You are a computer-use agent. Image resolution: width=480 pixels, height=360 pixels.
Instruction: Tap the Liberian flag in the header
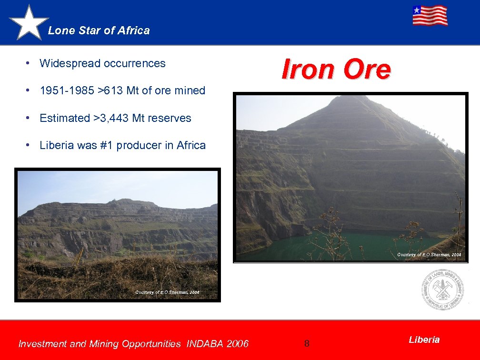[x=430, y=16]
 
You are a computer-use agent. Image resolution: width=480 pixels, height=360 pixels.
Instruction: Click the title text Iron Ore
[x=336, y=70]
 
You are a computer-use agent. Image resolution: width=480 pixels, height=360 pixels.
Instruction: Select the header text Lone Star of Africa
[x=99, y=30]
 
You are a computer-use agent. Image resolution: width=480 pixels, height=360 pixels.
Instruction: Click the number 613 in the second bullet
[x=114, y=90]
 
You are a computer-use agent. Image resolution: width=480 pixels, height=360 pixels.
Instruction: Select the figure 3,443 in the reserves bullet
[x=113, y=118]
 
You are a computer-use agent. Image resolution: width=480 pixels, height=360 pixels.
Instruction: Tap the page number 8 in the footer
[x=307, y=343]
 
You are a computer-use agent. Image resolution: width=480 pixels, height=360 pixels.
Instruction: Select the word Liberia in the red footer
[x=424, y=340]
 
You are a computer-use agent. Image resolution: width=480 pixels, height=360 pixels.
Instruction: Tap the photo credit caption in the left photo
[x=167, y=292]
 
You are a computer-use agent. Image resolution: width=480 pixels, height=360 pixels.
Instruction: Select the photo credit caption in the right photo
[x=429, y=255]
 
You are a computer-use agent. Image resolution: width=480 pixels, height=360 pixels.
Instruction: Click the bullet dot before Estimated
[x=29, y=118]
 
